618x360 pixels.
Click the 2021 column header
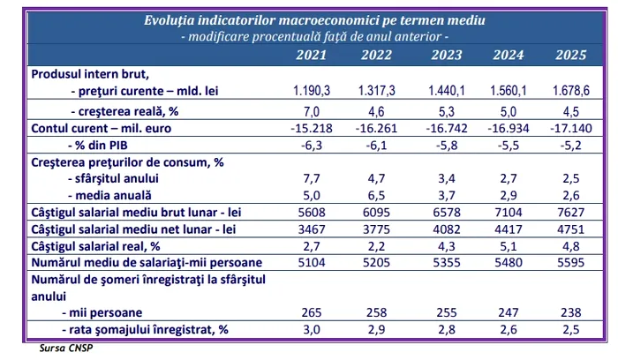click(310, 56)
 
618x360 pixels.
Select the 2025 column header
click(571, 56)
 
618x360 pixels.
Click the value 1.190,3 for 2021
click(310, 91)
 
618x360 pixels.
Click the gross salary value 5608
click(310, 214)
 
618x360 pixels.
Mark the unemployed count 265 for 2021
click(310, 312)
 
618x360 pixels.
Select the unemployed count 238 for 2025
click(571, 312)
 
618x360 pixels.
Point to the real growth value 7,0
click(310, 113)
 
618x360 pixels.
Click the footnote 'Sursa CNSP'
click(67, 349)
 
